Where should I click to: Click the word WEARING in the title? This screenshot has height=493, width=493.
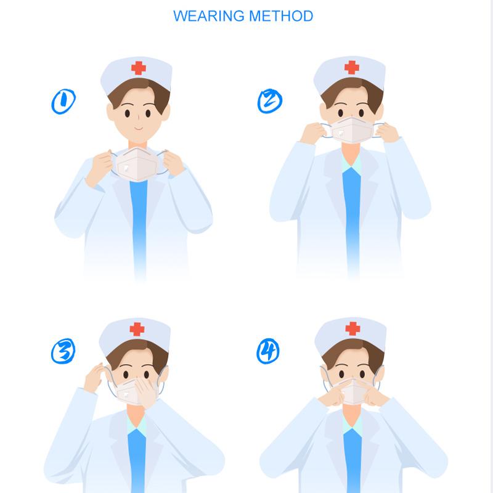tap(209, 16)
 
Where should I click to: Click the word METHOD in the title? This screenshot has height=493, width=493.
tap(281, 16)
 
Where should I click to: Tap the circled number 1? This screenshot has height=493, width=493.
tap(63, 101)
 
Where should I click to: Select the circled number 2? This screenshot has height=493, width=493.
tap(269, 101)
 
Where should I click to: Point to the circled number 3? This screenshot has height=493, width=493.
tap(63, 351)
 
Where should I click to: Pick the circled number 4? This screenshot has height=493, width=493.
tap(268, 351)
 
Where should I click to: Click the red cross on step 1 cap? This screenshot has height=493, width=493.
tap(138, 68)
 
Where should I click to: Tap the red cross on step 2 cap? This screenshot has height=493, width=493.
tap(351, 67)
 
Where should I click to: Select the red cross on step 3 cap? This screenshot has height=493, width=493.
tap(137, 329)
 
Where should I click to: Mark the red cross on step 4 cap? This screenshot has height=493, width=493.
tap(352, 328)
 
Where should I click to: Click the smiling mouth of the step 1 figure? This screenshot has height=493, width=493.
tap(139, 128)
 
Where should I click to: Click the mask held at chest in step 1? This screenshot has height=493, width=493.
tap(137, 164)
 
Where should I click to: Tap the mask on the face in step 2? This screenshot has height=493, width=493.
tap(352, 130)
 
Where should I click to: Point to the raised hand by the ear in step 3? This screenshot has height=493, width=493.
tap(94, 377)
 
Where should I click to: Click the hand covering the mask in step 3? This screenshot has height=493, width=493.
tap(146, 393)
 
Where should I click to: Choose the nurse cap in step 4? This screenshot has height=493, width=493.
tap(350, 335)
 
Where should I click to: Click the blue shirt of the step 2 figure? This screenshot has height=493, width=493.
tap(352, 220)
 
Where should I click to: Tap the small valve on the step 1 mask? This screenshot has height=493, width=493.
tap(126, 168)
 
